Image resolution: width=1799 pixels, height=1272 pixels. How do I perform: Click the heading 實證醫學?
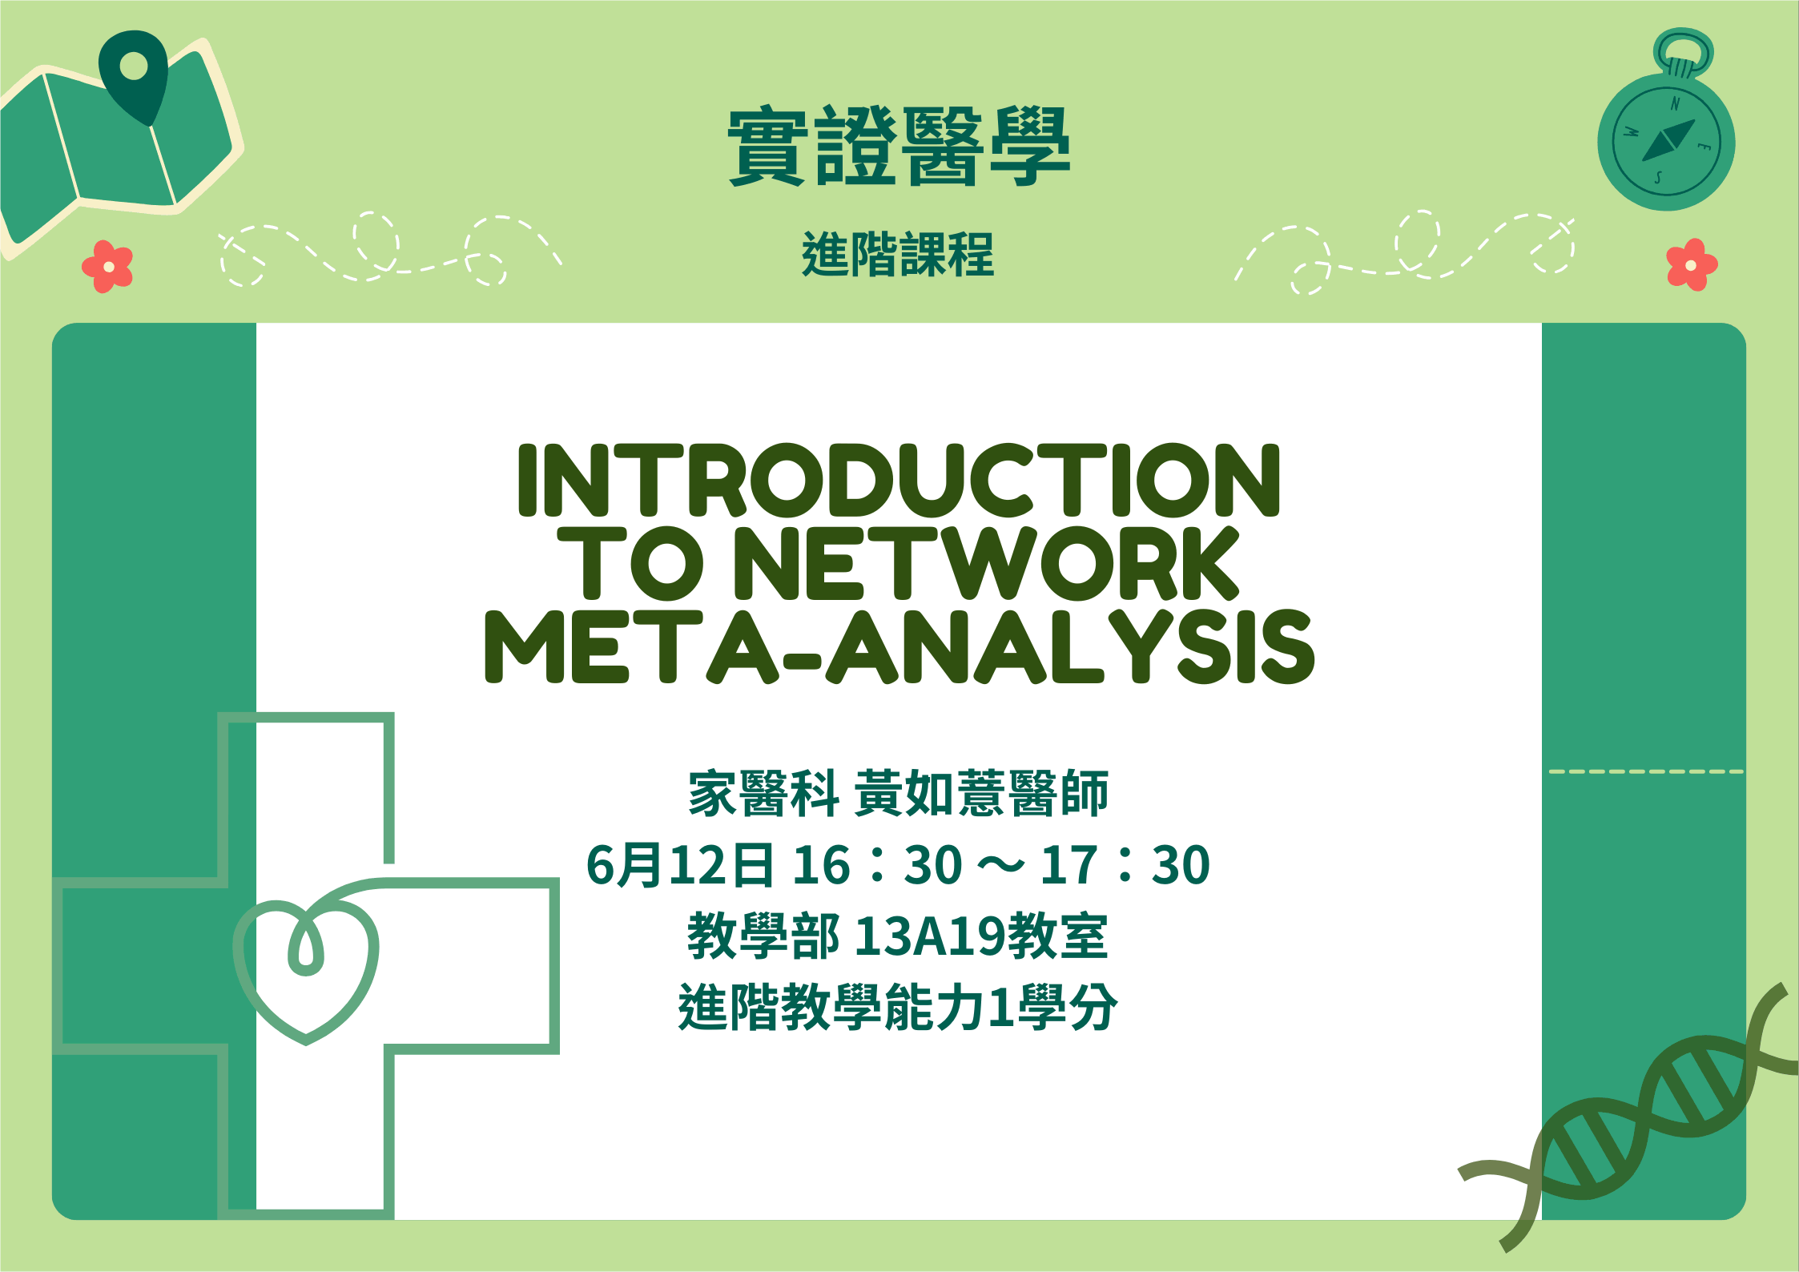(x=899, y=147)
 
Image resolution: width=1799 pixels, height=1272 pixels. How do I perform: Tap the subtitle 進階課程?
(x=898, y=255)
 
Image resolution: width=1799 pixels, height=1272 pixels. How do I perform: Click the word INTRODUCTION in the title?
(x=899, y=480)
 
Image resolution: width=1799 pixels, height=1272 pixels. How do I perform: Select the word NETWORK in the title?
(x=987, y=563)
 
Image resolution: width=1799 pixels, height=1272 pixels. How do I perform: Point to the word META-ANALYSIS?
(x=899, y=646)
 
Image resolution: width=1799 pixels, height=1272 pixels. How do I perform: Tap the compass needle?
(x=1668, y=141)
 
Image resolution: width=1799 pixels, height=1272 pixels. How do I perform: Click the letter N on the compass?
(x=1675, y=103)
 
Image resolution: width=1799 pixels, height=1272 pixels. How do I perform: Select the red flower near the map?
(x=107, y=266)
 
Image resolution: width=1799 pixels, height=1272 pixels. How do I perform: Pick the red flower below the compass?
(x=1692, y=264)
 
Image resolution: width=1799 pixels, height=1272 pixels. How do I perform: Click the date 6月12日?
(x=680, y=865)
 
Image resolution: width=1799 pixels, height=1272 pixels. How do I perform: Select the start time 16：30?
(x=878, y=865)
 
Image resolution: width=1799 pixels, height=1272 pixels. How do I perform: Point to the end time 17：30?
(x=1125, y=865)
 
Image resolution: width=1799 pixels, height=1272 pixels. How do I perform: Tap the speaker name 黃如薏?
(x=930, y=794)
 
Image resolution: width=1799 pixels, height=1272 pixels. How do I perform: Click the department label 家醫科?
(x=763, y=794)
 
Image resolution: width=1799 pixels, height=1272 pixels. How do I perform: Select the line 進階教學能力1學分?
(x=898, y=1007)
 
